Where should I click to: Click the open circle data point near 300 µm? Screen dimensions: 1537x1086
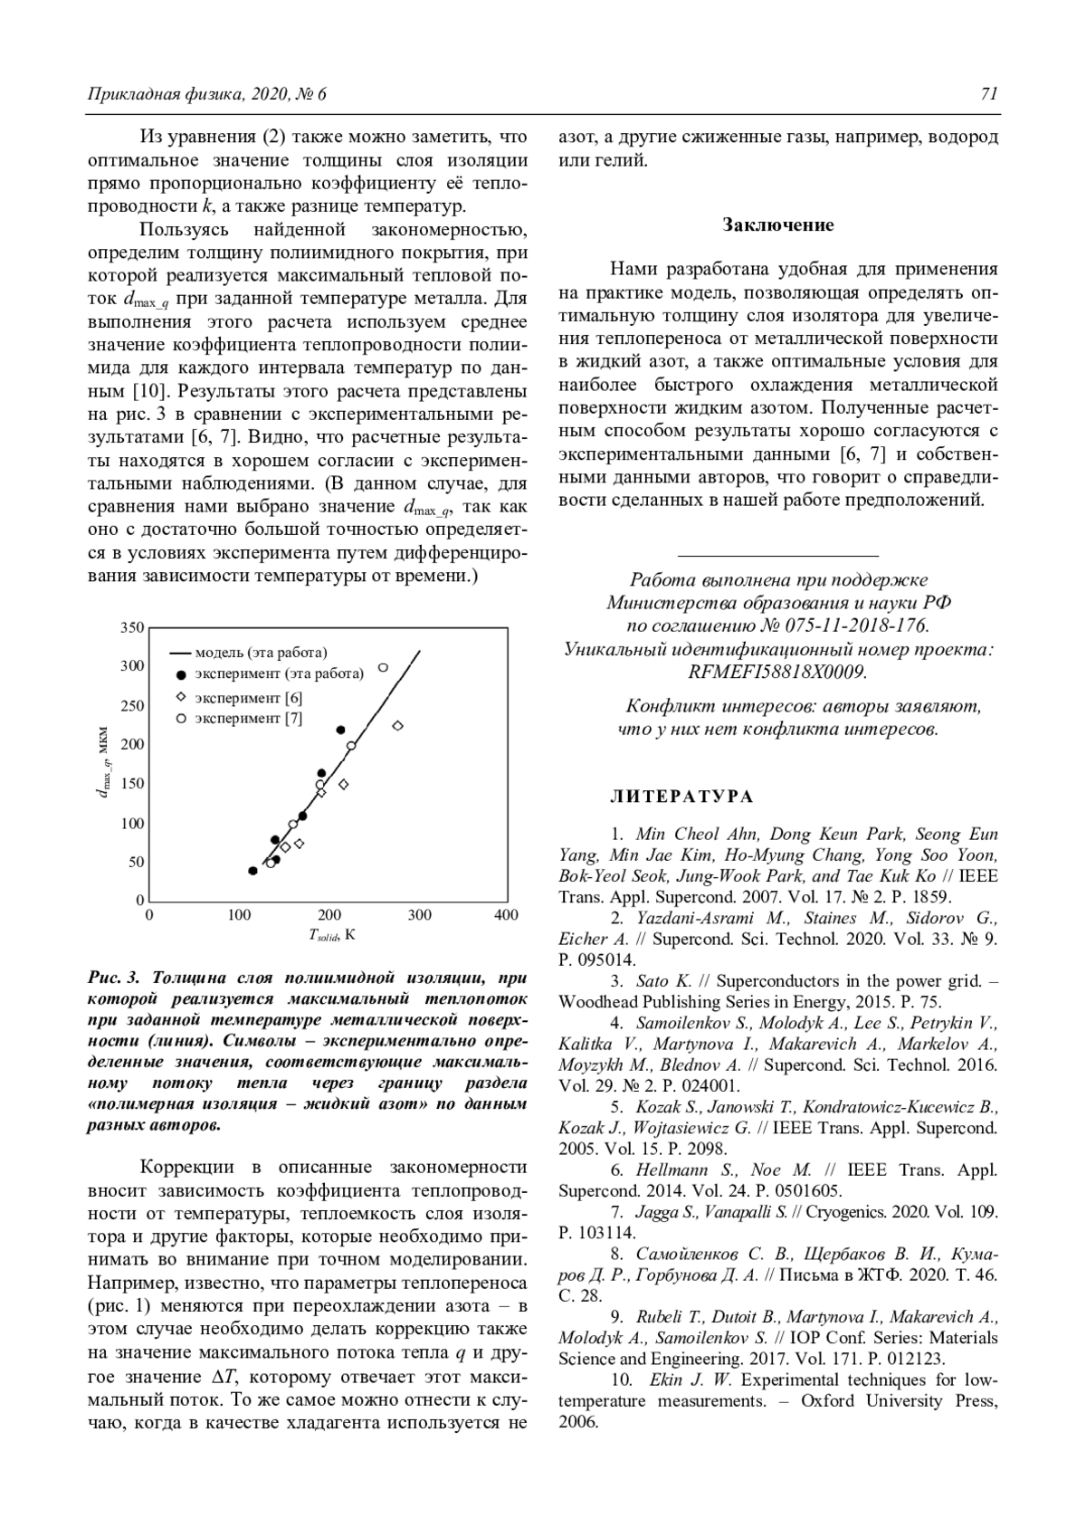(x=383, y=668)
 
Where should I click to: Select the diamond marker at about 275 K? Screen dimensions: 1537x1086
(x=396, y=726)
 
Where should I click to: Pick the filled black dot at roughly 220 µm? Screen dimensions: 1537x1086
(x=341, y=730)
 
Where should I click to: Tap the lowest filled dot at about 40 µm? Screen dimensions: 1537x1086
(x=252, y=871)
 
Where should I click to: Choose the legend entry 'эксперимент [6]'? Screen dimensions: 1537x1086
(x=249, y=698)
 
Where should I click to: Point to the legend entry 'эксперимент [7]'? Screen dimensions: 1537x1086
(x=249, y=719)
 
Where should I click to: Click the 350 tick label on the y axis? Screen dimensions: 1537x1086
(x=132, y=628)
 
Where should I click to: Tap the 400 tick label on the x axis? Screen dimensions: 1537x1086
(x=506, y=916)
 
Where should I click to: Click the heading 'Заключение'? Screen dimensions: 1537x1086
(x=778, y=225)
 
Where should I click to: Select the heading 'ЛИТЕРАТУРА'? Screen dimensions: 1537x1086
(x=681, y=797)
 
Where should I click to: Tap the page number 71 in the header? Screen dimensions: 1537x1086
(x=988, y=94)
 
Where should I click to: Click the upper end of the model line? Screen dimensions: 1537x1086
(x=419, y=651)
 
